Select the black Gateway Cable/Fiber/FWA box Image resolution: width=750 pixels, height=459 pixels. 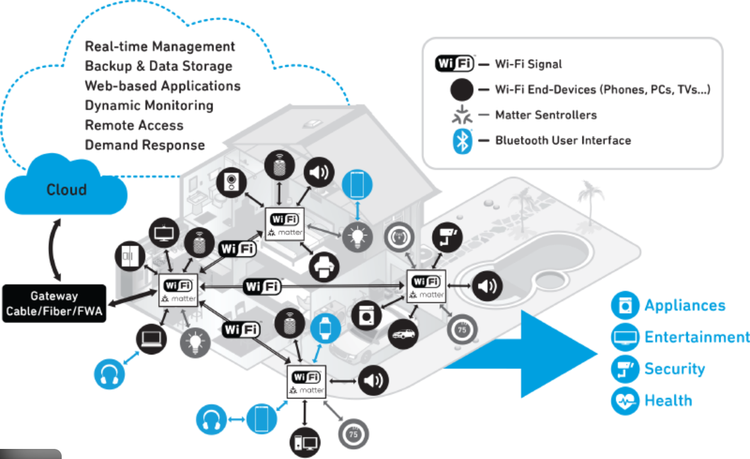pos(54,303)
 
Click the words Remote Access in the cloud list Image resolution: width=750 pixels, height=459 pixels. pos(134,125)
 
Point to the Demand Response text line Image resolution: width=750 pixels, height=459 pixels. pos(145,145)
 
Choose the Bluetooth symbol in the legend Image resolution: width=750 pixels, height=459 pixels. pos(463,140)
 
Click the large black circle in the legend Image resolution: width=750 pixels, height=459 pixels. pos(462,89)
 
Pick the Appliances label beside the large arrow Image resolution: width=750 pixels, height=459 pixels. pos(685,306)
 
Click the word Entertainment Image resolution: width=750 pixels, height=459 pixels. pos(697,337)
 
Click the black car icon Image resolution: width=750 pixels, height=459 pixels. pos(402,334)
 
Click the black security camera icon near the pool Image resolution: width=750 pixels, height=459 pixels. pos(448,238)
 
